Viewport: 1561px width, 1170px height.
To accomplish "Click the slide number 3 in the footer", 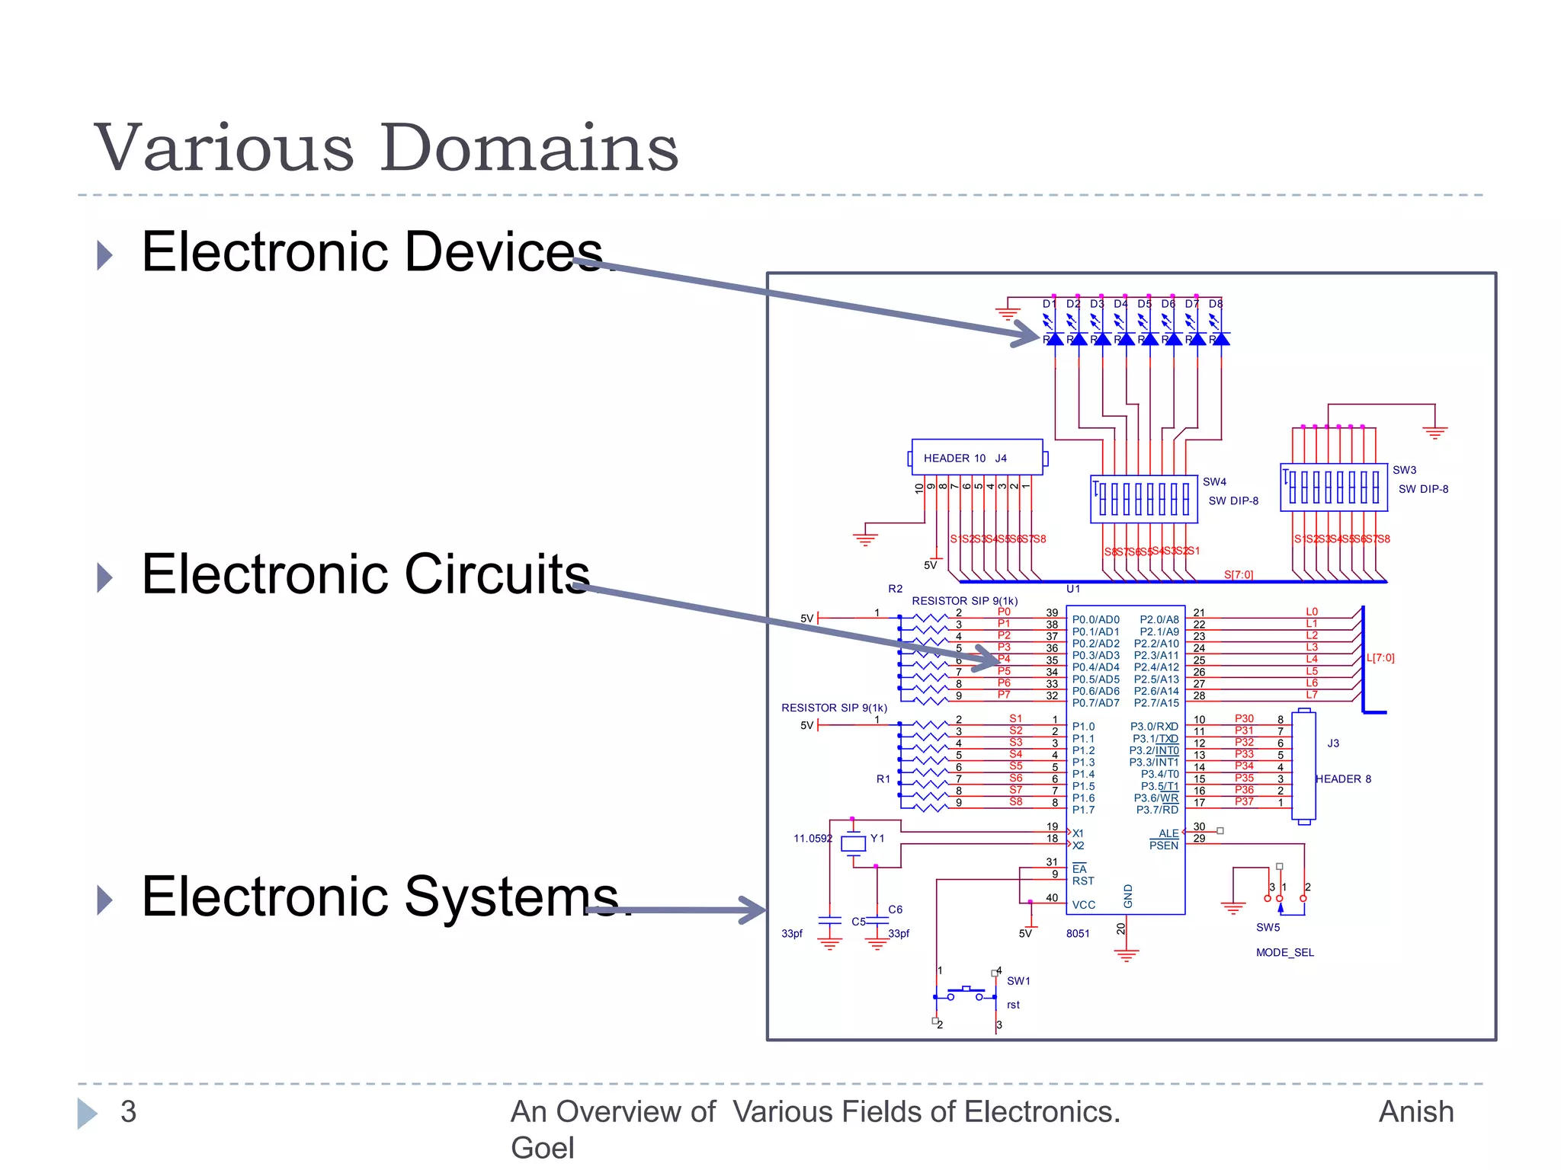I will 128,1111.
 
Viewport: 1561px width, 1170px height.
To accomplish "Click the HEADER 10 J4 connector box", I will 976,457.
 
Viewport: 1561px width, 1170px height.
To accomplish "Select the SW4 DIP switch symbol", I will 1143,500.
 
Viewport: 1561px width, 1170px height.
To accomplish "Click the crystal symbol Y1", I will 853,842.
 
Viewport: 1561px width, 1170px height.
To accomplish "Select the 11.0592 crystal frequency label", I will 813,838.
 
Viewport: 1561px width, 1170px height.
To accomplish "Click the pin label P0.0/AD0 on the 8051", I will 1095,619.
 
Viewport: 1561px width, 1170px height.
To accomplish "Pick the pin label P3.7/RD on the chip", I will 1157,810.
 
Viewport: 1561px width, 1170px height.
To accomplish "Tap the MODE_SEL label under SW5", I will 1284,952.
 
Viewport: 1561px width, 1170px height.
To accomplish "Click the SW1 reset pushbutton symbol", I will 966,993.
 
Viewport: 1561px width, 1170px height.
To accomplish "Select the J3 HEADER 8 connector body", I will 1303,766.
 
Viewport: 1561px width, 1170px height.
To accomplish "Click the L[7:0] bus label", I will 1380,657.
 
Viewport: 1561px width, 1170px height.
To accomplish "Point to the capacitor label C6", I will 895,909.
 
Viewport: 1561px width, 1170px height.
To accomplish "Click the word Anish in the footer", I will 1415,1111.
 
